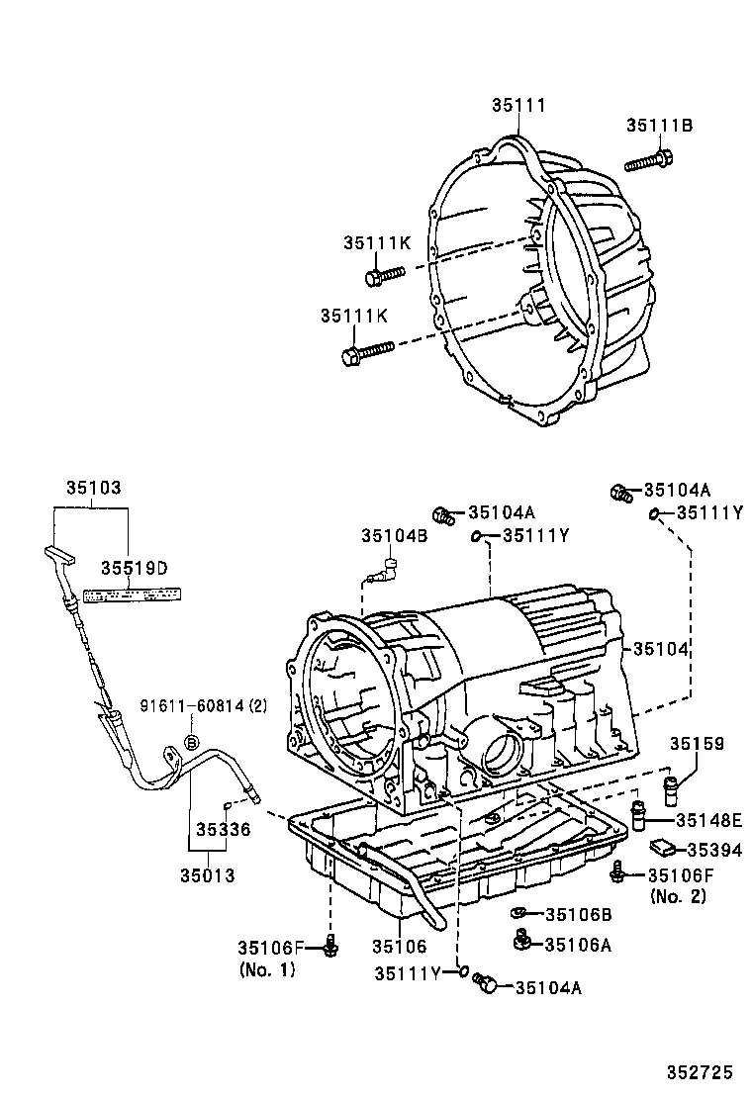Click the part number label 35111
coord(519,105)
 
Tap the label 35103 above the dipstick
coord(93,488)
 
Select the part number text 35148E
coord(708,820)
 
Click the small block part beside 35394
coord(661,847)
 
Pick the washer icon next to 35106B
coord(518,913)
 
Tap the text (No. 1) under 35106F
coord(267,969)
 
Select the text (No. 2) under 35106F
coord(678,895)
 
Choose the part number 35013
coord(208,874)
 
